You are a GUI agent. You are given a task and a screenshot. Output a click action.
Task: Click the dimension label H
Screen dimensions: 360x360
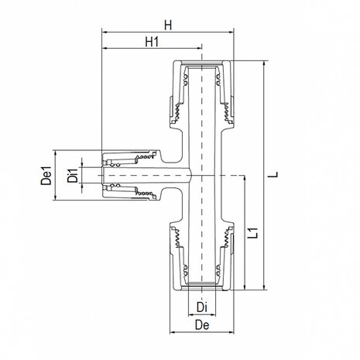coord(168,25)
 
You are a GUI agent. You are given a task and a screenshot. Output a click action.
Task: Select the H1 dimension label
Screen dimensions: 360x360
coord(152,40)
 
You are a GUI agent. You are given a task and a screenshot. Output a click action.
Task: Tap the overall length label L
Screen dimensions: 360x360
coord(275,176)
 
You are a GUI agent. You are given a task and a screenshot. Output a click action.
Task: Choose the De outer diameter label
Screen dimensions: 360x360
coord(201,328)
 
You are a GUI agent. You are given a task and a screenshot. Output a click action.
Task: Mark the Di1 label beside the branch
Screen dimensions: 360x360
coord(71,177)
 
